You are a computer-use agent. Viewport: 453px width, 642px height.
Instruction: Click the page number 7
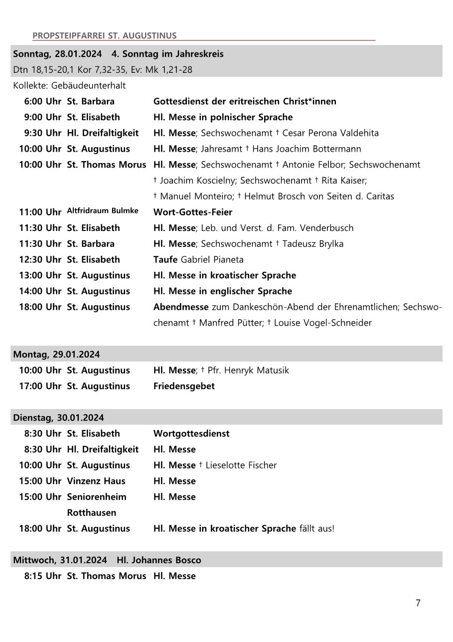click(x=418, y=603)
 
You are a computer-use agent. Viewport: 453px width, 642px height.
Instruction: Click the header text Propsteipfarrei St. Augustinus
click(x=104, y=35)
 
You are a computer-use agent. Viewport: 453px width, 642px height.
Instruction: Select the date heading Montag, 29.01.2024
click(x=56, y=354)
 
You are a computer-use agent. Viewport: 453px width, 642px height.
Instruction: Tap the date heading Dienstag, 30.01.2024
click(x=58, y=418)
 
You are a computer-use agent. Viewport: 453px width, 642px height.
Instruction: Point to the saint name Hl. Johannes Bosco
click(x=159, y=560)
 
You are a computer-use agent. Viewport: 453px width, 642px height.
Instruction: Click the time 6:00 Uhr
click(x=43, y=101)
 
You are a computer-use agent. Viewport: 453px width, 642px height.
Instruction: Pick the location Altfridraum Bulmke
click(x=103, y=211)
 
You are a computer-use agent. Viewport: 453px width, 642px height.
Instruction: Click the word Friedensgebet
click(x=184, y=386)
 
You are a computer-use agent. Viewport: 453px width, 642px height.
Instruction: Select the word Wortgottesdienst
click(x=191, y=433)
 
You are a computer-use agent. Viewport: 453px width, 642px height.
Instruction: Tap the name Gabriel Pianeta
click(x=212, y=259)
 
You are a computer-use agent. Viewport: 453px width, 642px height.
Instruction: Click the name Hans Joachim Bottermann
click(x=306, y=149)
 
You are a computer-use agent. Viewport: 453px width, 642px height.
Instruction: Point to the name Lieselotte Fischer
click(x=241, y=465)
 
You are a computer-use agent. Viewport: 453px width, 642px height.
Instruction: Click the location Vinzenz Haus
click(x=96, y=481)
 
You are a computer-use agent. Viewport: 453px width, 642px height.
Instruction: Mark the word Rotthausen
click(x=91, y=512)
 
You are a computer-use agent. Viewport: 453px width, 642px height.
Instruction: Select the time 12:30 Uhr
click(x=40, y=259)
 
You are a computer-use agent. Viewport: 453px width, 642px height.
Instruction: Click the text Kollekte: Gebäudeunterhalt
click(x=69, y=85)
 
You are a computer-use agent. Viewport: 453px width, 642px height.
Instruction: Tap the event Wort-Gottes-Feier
click(x=193, y=212)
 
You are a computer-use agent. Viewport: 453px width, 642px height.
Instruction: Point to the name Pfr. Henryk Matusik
click(x=248, y=370)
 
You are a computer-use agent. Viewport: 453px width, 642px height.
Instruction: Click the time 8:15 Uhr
click(x=43, y=576)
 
